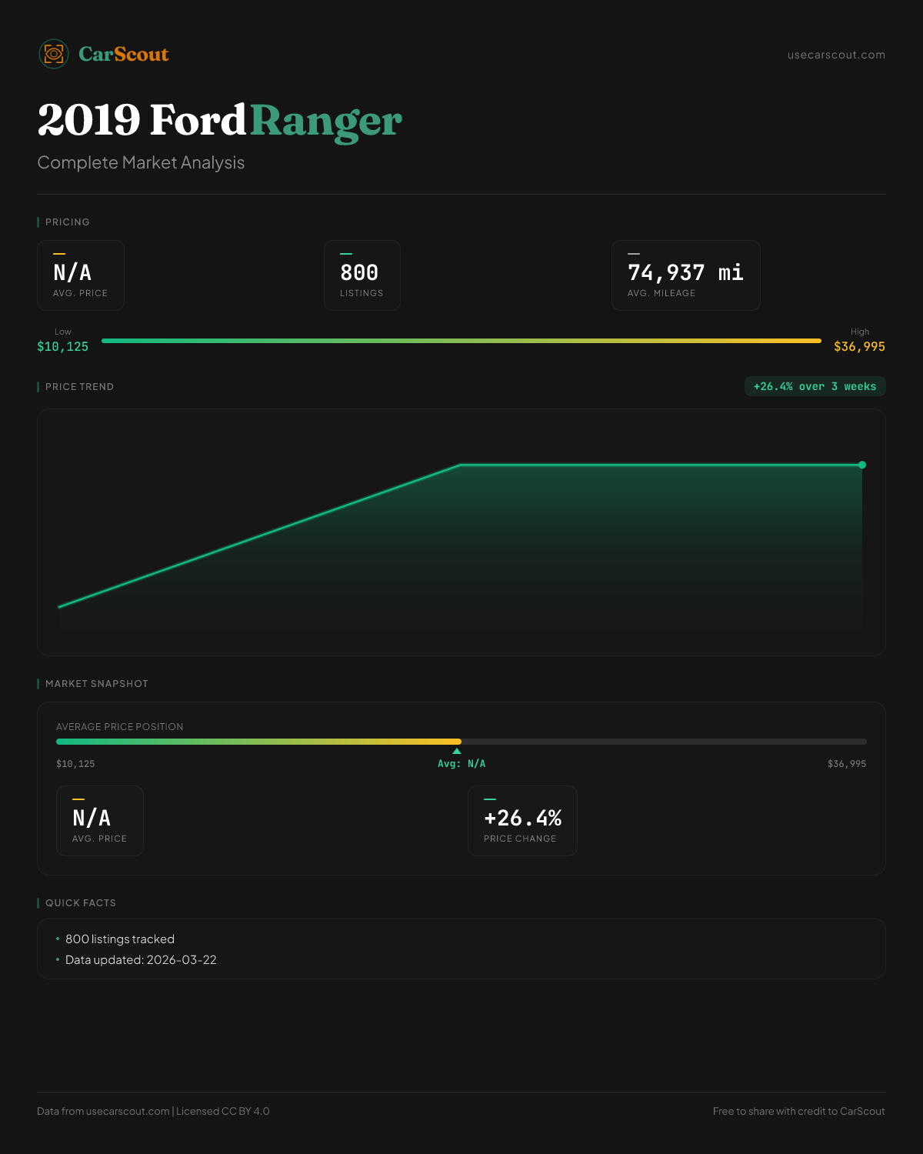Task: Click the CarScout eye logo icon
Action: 54,54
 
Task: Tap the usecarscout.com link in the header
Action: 836,55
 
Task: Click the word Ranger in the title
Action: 325,121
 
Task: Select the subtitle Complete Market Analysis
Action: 141,162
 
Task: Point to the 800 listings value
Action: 359,272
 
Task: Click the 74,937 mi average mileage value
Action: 685,272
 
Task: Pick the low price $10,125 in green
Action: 62,346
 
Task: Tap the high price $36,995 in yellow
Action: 859,346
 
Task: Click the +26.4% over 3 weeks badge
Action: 815,386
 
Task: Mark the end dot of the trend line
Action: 862,465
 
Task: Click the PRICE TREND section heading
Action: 79,387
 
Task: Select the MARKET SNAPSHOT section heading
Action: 96,684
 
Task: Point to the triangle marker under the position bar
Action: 457,751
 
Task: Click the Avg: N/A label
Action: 461,764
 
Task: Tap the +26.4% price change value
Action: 522,818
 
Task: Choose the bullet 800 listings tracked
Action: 120,939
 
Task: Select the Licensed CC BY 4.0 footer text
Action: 223,1111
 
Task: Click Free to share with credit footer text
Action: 798,1111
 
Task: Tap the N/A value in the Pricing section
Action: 72,272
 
